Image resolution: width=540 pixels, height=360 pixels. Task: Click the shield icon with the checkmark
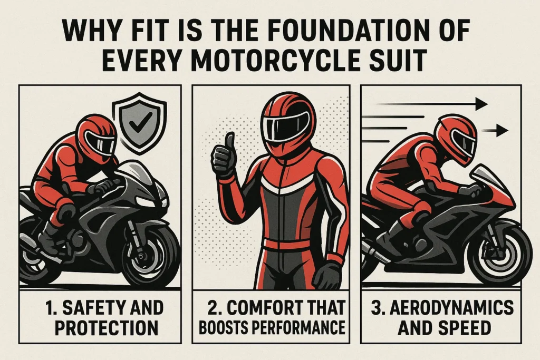140,121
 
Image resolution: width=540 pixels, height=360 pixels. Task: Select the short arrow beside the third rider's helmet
496,130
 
